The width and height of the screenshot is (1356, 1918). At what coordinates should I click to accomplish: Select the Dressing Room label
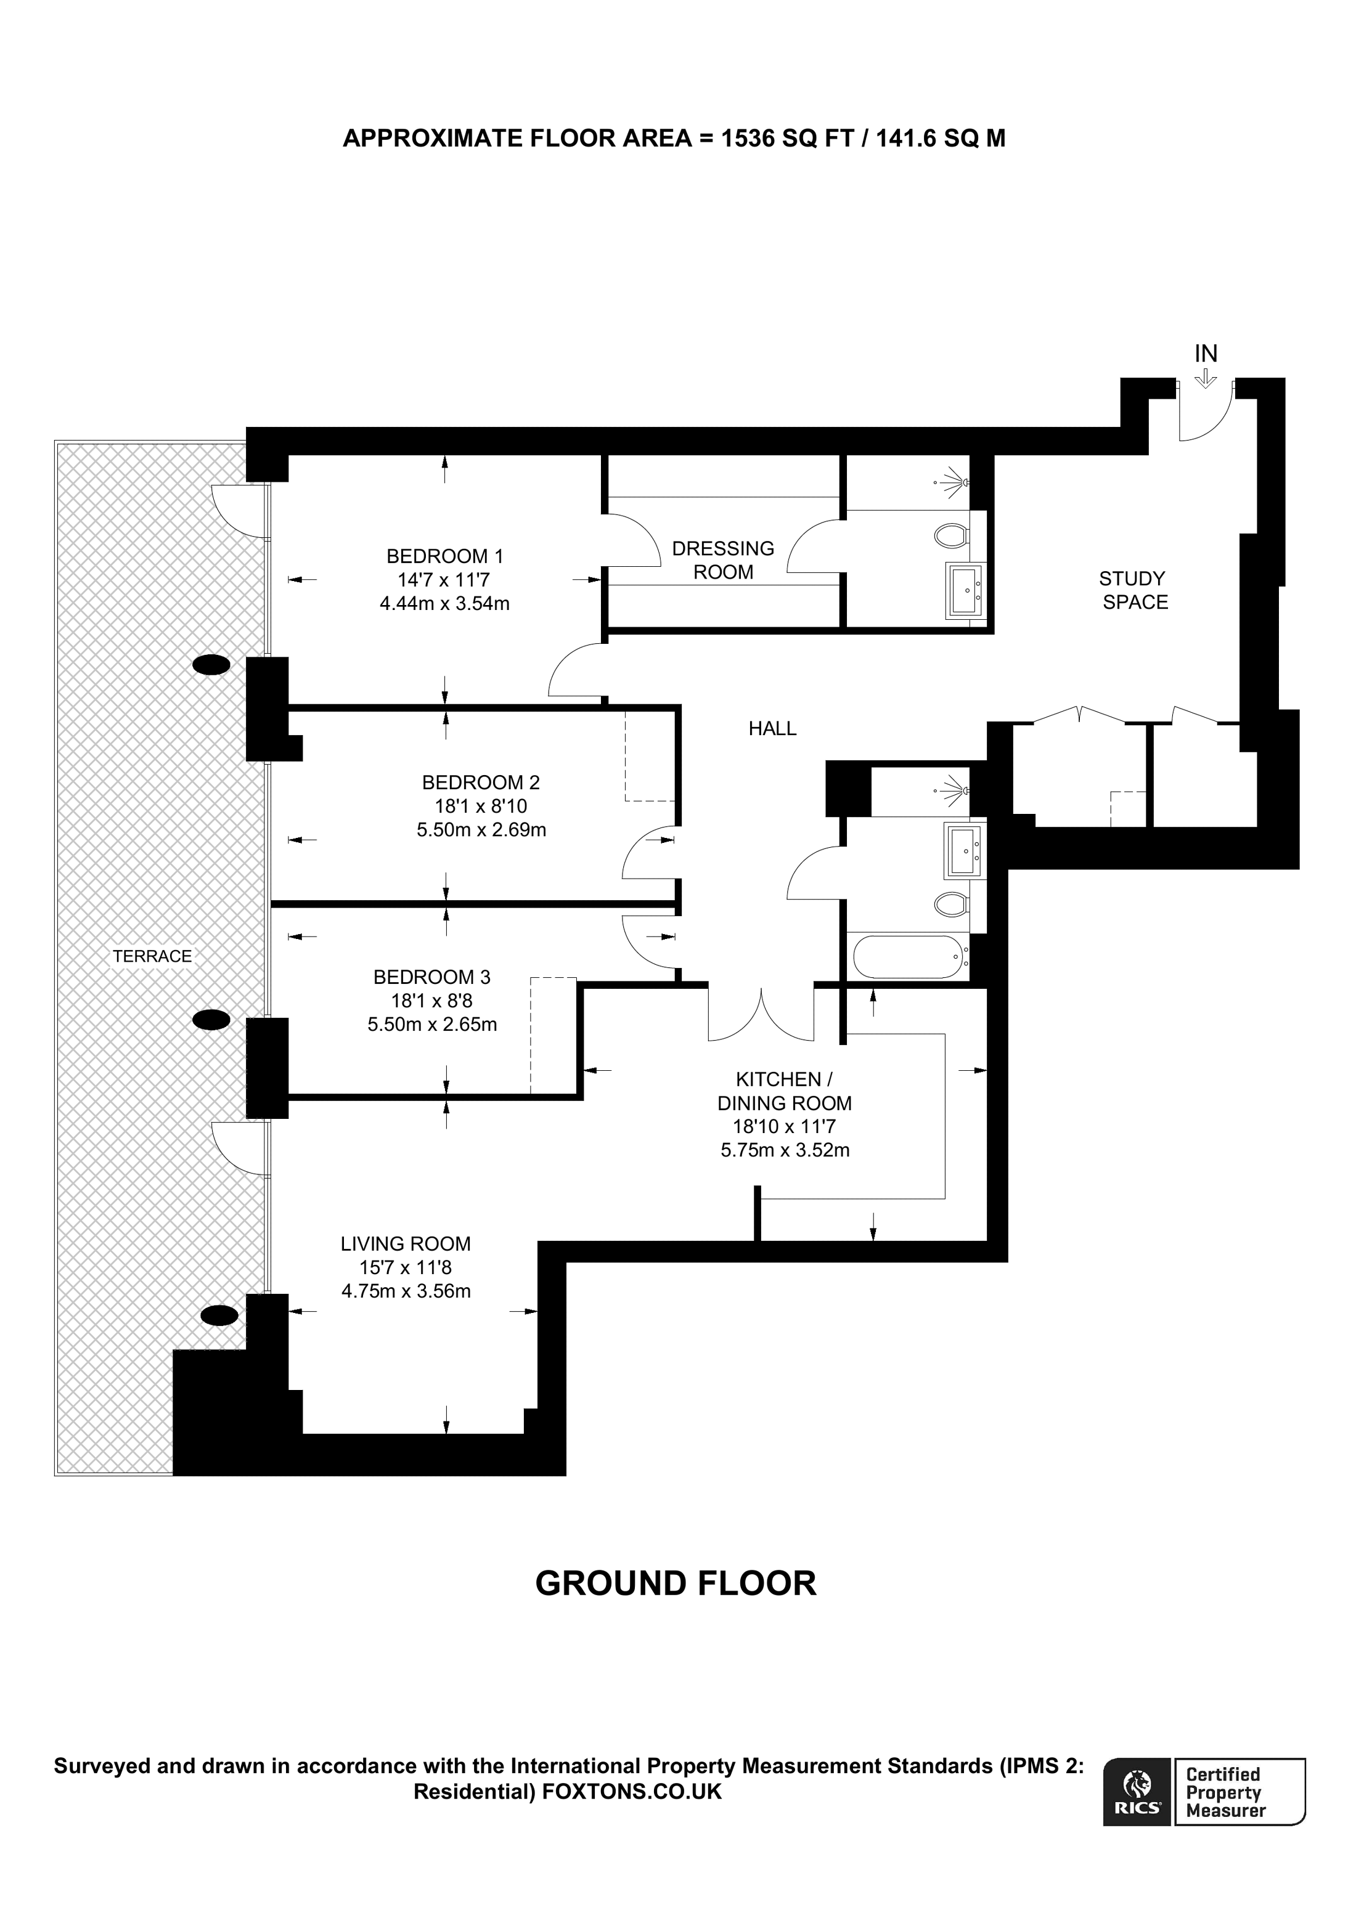pyautogui.click(x=723, y=561)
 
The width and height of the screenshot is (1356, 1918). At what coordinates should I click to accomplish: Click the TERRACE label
pyautogui.click(x=152, y=956)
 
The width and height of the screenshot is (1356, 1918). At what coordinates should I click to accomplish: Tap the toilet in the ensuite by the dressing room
pyautogui.click(x=951, y=535)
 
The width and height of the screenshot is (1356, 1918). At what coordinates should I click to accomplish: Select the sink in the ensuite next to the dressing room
pyautogui.click(x=966, y=591)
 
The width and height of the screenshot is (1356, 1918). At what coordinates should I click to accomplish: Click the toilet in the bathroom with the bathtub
pyautogui.click(x=951, y=903)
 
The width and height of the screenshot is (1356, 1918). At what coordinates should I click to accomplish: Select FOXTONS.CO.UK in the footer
pyautogui.click(x=632, y=1791)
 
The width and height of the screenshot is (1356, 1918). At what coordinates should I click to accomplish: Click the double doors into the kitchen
pyautogui.click(x=761, y=1014)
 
